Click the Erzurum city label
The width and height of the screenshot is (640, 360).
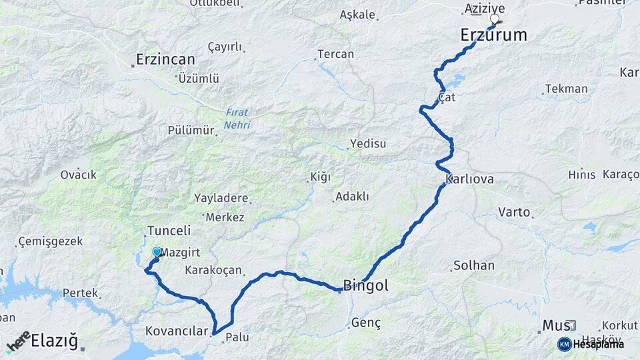[x=493, y=35]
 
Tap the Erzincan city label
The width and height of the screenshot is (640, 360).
[x=165, y=59]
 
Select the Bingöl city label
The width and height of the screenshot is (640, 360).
[x=365, y=287]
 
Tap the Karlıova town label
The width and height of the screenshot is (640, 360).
[x=470, y=180]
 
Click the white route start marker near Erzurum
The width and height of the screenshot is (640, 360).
[x=494, y=19]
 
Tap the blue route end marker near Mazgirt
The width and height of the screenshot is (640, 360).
[x=157, y=252]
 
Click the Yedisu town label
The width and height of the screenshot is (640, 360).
[x=369, y=144]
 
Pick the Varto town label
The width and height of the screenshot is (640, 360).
[x=514, y=213]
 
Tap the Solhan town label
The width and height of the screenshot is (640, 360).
[x=473, y=265]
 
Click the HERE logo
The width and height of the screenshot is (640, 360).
[x=19, y=341]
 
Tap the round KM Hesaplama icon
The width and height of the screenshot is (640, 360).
[x=564, y=344]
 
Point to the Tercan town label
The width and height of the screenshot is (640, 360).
[x=335, y=54]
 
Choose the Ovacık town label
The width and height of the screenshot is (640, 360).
[x=79, y=175]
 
